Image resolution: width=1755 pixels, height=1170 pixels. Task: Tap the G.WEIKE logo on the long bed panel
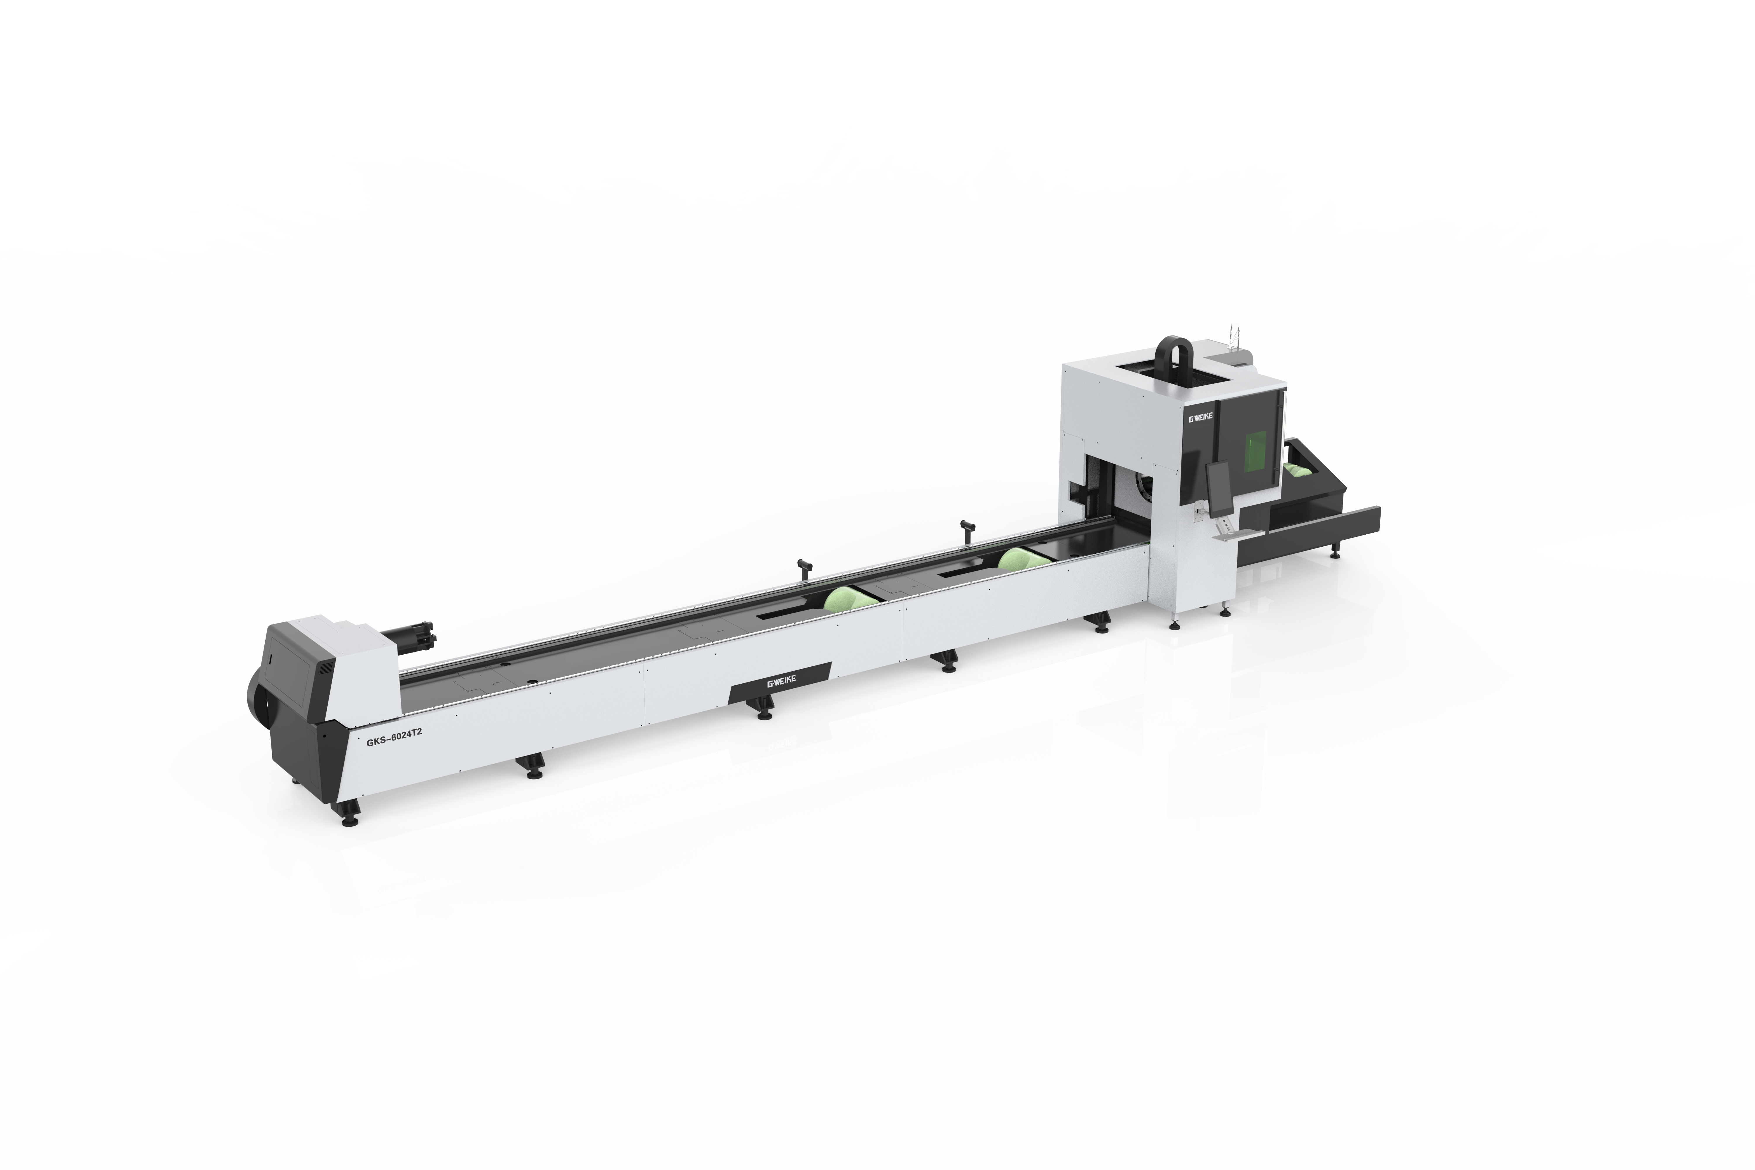coord(780,683)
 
